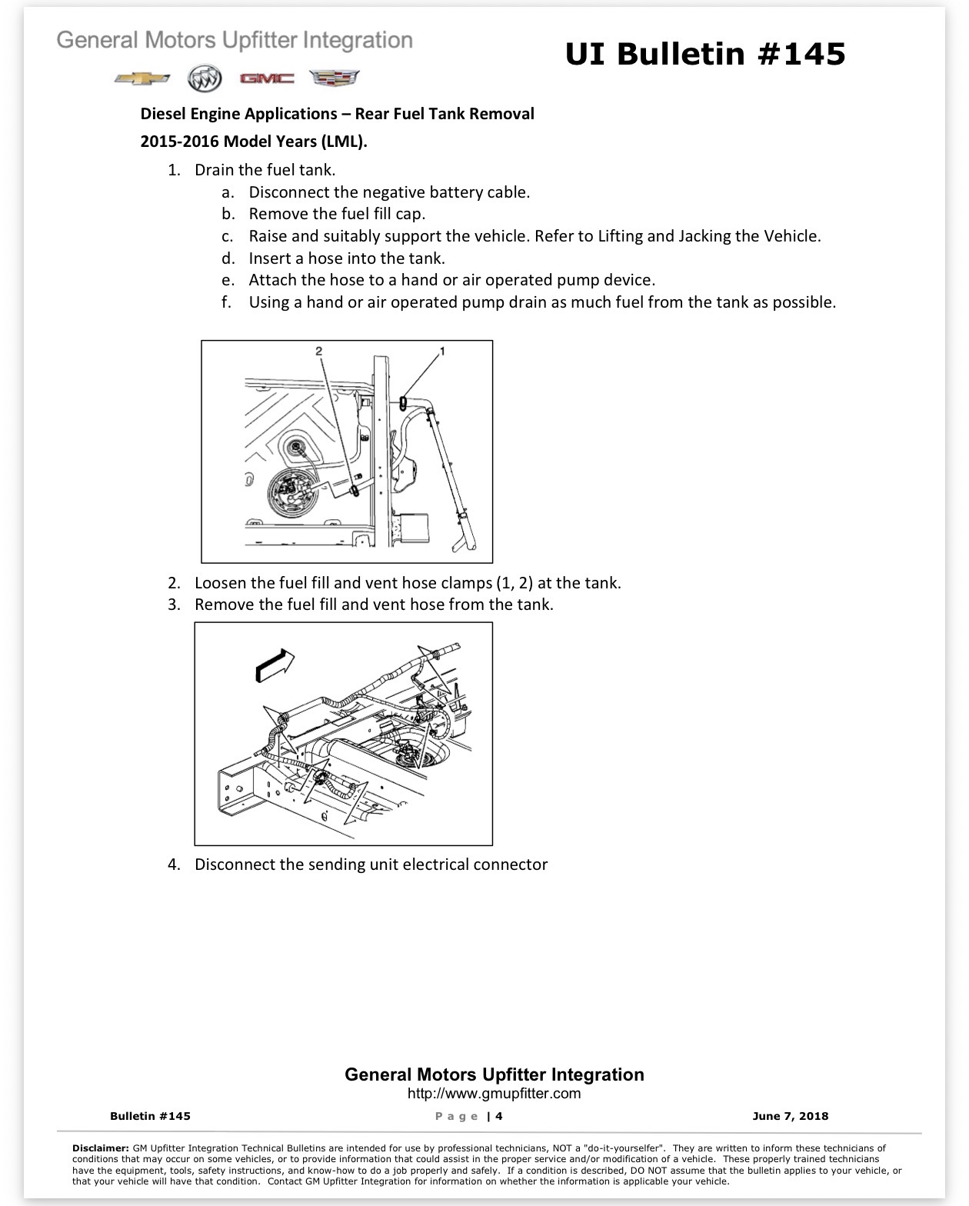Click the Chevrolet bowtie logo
142,78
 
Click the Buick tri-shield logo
205,78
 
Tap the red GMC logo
267,78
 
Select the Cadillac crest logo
335,78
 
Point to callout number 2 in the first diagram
318,351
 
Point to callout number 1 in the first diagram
442,351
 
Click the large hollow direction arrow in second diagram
275,665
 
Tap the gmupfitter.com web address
494,1093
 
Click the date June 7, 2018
791,1116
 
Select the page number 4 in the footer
499,1116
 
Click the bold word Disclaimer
100,1148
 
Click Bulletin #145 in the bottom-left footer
150,1116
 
